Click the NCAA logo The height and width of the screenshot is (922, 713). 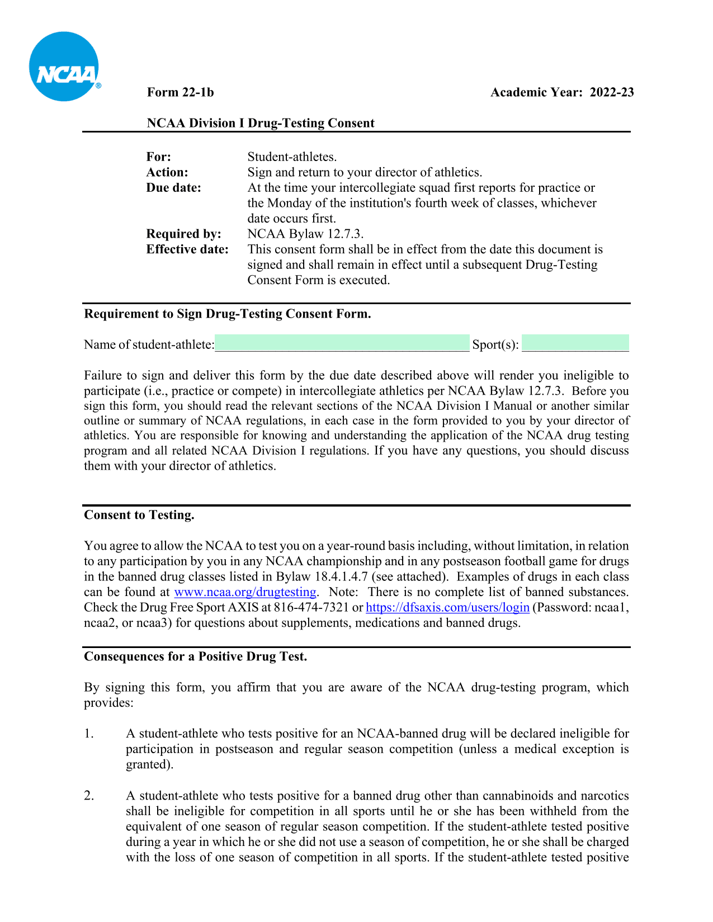(x=64, y=67)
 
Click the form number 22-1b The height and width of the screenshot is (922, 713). (x=180, y=92)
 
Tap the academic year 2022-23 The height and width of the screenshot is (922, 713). (x=562, y=92)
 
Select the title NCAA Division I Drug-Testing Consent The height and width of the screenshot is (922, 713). (x=261, y=123)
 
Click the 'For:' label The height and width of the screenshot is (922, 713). (x=159, y=157)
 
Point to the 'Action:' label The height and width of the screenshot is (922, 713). (x=167, y=172)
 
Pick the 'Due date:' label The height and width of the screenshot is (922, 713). (x=173, y=188)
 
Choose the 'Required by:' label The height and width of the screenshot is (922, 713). (x=183, y=234)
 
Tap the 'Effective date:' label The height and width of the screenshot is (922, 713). (x=187, y=249)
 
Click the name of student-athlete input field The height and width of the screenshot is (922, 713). (x=342, y=343)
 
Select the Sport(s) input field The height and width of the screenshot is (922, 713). (x=575, y=343)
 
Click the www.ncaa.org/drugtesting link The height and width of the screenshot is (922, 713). (x=245, y=592)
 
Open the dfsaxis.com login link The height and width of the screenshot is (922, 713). (x=447, y=607)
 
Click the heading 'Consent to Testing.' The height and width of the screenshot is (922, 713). (x=139, y=515)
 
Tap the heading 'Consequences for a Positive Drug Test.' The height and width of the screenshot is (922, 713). (x=196, y=656)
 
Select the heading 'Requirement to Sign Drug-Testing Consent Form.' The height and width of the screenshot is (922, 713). (x=228, y=314)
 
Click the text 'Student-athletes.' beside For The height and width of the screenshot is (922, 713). (x=292, y=157)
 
